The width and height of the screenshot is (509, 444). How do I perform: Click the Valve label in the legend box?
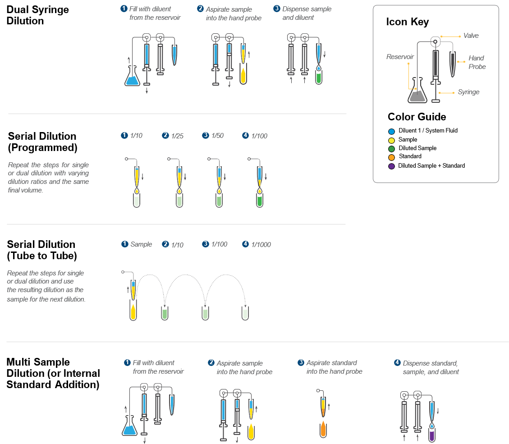(471, 36)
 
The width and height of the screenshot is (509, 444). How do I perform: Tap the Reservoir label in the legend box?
(400, 57)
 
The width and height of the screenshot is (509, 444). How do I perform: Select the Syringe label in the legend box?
(468, 92)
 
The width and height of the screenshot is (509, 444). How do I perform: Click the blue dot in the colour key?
(391, 132)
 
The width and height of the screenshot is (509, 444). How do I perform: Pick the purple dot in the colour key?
(391, 166)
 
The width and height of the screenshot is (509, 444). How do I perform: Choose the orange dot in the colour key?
(391, 157)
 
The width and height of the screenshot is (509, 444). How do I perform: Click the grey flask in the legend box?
(417, 95)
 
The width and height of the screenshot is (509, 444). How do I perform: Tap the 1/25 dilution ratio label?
(177, 136)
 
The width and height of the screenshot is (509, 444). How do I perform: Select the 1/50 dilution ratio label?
(217, 136)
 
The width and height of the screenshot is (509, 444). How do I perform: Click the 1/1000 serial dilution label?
(261, 244)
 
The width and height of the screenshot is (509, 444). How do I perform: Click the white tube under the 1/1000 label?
(245, 313)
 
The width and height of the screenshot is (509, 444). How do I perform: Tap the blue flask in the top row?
(132, 79)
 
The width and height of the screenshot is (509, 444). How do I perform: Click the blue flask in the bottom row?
(129, 429)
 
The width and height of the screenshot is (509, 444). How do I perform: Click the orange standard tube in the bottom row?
(323, 430)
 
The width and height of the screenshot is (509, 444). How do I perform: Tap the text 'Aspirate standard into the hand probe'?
(334, 367)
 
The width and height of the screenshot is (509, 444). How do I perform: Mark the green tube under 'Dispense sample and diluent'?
(319, 78)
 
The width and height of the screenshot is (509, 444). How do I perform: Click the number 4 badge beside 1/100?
(246, 135)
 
